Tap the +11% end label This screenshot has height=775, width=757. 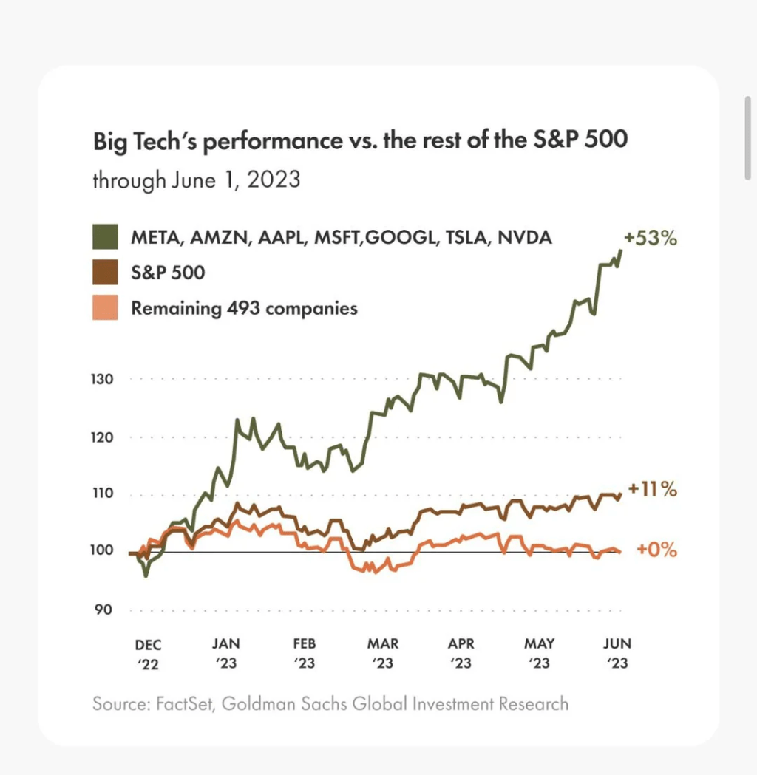click(x=651, y=489)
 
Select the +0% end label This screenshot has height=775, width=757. click(x=656, y=550)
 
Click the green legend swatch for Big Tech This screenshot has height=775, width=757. click(x=105, y=238)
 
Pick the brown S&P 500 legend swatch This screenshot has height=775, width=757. click(x=105, y=273)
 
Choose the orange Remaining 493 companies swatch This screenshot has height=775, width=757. click(x=105, y=307)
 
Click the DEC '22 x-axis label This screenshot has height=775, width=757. click(x=148, y=654)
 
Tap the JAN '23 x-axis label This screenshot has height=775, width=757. click(x=227, y=654)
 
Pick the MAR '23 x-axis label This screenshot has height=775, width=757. click(x=383, y=654)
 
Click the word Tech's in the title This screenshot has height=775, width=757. click(x=168, y=140)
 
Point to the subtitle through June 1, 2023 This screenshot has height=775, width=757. click(x=196, y=180)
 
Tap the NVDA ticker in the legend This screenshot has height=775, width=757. click(x=524, y=238)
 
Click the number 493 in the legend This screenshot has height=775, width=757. click(x=241, y=307)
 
